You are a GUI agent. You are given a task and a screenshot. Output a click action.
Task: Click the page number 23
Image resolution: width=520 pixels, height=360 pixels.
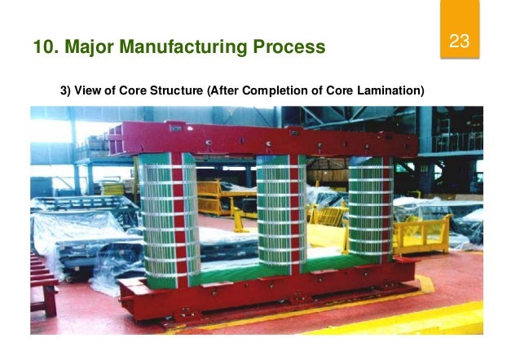(x=460, y=42)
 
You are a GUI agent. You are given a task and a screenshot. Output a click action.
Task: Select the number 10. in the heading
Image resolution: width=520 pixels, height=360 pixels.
(x=46, y=46)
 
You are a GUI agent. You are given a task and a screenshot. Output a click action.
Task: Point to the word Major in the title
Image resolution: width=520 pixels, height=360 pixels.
(x=91, y=46)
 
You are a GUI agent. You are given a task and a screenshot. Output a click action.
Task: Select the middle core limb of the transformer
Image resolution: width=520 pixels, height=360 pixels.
(x=280, y=212)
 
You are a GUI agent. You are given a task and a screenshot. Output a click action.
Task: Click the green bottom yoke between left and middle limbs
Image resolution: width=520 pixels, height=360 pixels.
(x=224, y=265)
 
